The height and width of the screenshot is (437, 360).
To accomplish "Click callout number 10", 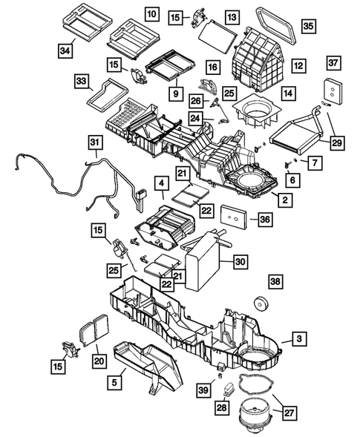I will [x=151, y=14].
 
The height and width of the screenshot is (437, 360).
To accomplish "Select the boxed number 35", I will [x=308, y=27].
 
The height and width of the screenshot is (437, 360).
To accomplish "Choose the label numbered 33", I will [x=80, y=80].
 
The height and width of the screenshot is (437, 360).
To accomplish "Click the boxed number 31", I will [x=95, y=141].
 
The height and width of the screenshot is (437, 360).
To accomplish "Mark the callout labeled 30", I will [x=239, y=261].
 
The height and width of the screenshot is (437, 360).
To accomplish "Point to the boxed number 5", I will [x=114, y=383].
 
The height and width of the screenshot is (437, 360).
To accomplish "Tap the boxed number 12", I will [x=298, y=66].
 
